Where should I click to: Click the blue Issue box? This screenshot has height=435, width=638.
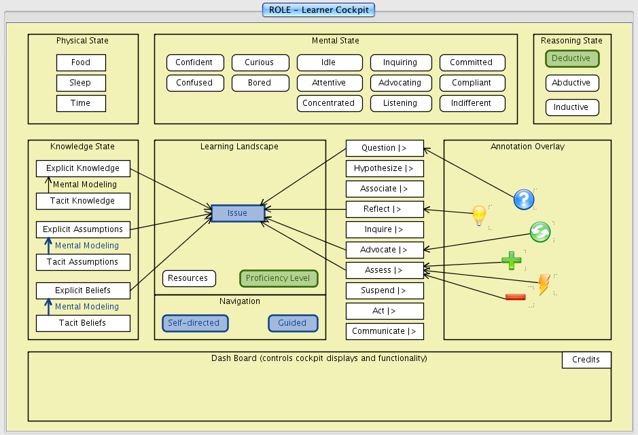click(x=237, y=213)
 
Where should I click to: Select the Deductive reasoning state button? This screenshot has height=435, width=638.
click(x=572, y=58)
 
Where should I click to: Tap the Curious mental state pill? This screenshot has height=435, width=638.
click(x=259, y=62)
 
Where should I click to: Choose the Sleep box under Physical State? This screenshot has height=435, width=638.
click(x=81, y=83)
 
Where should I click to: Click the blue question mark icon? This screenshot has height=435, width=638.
click(x=524, y=200)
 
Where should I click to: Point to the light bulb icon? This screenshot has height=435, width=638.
click(x=480, y=216)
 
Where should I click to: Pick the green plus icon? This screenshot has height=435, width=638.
click(x=511, y=261)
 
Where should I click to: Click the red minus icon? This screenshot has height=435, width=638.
click(x=515, y=297)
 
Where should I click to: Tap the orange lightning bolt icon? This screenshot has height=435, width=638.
click(x=544, y=284)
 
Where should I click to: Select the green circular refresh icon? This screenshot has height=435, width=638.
click(x=540, y=232)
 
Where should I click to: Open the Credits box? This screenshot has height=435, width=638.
click(x=586, y=360)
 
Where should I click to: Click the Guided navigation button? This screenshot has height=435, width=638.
click(x=292, y=323)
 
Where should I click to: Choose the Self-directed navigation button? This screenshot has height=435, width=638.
click(x=195, y=323)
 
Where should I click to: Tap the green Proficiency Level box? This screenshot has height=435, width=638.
click(x=279, y=278)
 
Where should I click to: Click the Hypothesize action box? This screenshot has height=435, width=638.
click(x=385, y=168)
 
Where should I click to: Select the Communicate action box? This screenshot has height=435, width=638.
click(x=385, y=331)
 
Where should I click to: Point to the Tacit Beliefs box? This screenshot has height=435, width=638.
click(x=82, y=323)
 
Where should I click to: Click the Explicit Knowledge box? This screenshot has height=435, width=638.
click(x=82, y=168)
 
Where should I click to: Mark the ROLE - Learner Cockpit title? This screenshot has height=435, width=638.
click(x=319, y=10)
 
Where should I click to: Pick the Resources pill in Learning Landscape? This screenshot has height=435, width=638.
click(x=188, y=278)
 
